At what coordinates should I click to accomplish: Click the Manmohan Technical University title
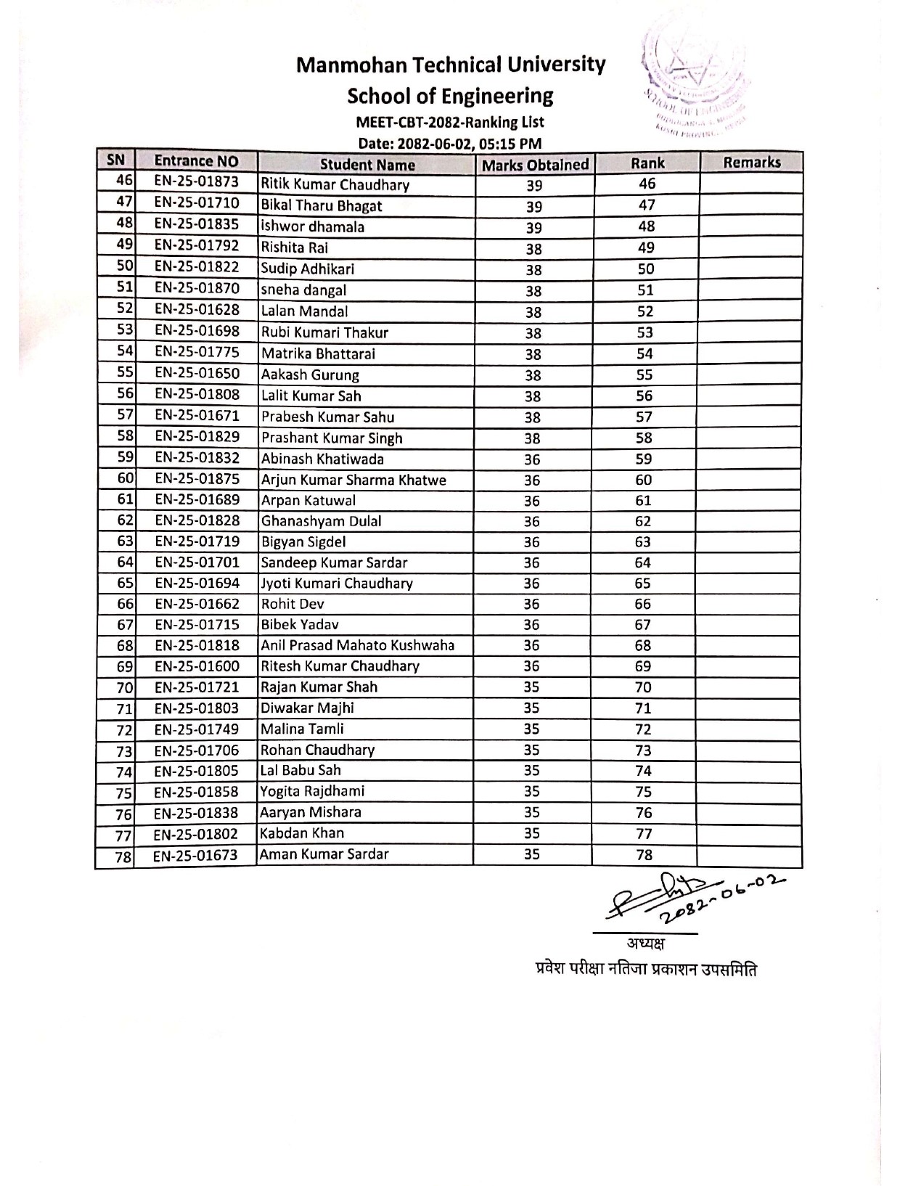pos(450,65)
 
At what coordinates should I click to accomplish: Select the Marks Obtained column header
pos(535,165)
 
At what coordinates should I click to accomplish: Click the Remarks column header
pos(751,163)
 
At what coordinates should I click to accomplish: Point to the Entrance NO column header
pos(196,161)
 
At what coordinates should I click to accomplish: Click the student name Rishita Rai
pos(295,248)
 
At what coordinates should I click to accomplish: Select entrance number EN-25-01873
pos(196,182)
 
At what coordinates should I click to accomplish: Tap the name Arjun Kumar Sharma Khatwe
pos(353,480)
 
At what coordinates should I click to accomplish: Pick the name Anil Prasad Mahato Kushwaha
pos(358,645)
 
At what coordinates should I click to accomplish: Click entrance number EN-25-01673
pos(195,856)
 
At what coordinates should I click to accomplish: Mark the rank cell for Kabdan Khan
pos(644,833)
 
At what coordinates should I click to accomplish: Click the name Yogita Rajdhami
pos(312,791)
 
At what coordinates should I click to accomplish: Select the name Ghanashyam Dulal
pos(321,521)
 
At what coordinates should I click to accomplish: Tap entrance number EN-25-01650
pos(196,374)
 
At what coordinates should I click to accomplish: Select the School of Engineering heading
pos(450,96)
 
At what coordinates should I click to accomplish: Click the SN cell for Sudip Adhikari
pos(125,268)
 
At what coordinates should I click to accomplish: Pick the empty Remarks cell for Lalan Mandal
pos(750,311)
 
